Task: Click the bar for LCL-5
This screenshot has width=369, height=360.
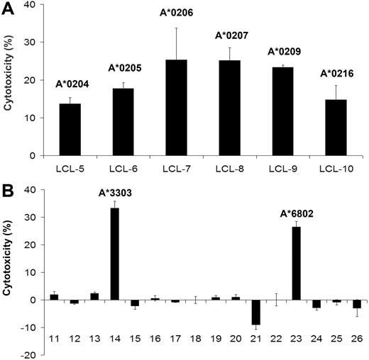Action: [x=70, y=130]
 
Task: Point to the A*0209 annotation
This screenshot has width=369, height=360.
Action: [x=282, y=51]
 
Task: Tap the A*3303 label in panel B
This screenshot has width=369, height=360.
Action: [x=114, y=193]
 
